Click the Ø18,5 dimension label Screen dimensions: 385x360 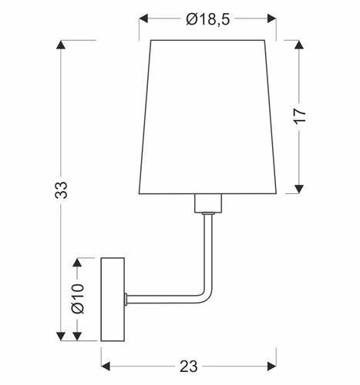pyautogui.click(x=208, y=20)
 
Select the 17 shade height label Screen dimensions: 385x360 pyautogui.click(x=300, y=115)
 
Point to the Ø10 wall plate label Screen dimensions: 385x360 pyautogui.click(x=76, y=297)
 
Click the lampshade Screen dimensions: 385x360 pyautogui.click(x=208, y=115)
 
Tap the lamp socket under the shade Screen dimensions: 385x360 pyautogui.click(x=207, y=204)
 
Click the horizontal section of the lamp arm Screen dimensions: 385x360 pyautogui.click(x=162, y=298)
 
